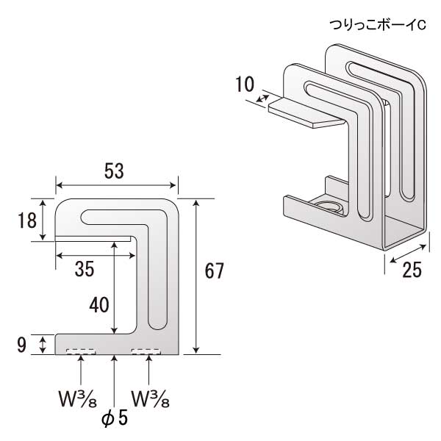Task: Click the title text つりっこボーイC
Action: (377, 25)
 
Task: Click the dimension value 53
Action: (113, 171)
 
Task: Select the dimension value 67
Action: (213, 271)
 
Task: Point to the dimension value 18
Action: (27, 219)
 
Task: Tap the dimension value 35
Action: (85, 269)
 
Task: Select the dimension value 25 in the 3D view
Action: (412, 270)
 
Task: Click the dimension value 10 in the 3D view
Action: (245, 84)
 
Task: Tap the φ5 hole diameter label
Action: (115, 418)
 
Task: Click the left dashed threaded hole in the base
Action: (80, 351)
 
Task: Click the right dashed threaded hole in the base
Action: (146, 351)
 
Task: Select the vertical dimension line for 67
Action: (196, 276)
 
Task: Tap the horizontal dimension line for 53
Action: (116, 185)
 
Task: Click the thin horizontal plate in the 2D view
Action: (93, 237)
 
